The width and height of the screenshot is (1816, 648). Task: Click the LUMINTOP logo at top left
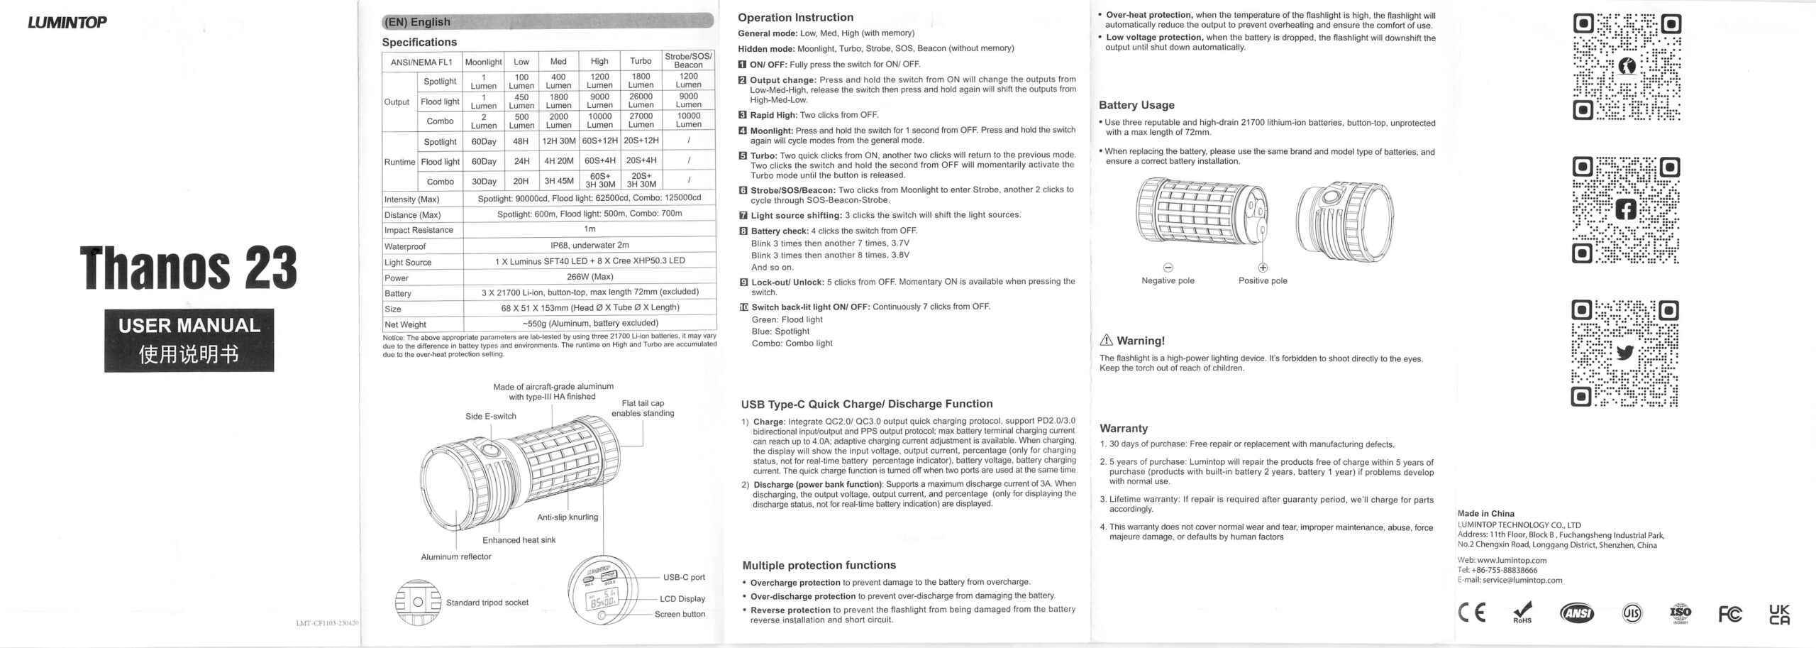tap(67, 22)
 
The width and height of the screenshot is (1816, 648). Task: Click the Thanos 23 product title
tap(189, 268)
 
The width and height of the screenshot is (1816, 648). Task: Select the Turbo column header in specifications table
tap(641, 62)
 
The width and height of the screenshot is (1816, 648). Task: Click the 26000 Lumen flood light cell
tap(641, 101)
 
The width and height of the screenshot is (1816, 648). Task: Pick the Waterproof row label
tap(405, 246)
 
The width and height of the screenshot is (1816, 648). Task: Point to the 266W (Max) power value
tap(589, 277)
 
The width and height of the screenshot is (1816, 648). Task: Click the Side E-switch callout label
tap(491, 417)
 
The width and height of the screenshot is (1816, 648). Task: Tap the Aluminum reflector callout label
tap(456, 557)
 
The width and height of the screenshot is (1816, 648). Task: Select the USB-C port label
tap(684, 578)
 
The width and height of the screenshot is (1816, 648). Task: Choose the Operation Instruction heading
tap(795, 18)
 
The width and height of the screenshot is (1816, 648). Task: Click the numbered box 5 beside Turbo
tap(743, 155)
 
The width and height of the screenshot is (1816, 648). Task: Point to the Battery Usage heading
tap(1136, 105)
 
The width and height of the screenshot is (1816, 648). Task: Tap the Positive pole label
tap(1263, 281)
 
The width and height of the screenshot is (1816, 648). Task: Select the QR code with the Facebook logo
tap(1625, 210)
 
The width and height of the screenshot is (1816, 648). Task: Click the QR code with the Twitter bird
tap(1624, 353)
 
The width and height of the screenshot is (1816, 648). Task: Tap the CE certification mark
tap(1471, 613)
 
